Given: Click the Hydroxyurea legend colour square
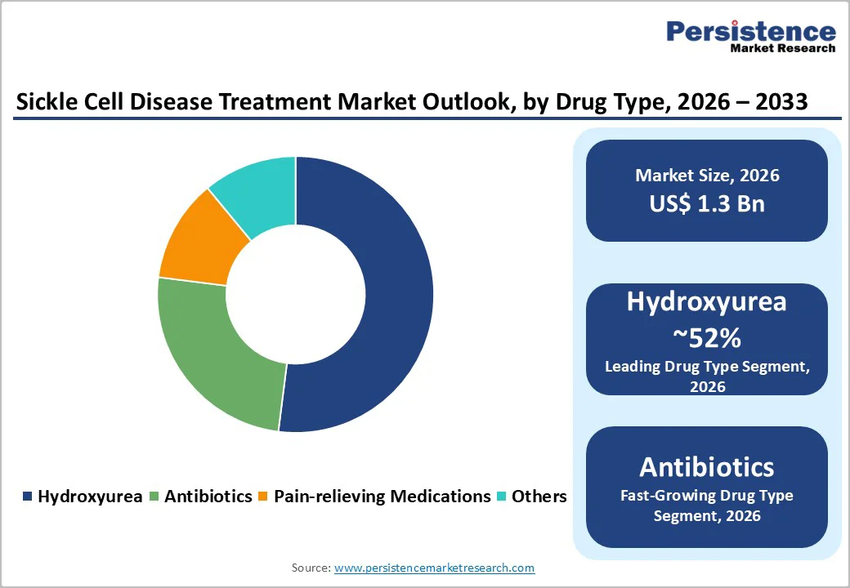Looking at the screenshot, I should point(28,497).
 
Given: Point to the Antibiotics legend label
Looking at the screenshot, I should point(208,496).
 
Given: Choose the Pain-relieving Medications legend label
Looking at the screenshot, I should point(382,496).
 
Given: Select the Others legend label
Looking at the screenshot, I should point(539,496).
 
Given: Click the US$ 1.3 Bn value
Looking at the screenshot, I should point(707,203).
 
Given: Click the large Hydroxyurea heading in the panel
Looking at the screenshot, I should point(707,301).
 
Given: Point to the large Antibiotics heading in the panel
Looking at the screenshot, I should point(707,466).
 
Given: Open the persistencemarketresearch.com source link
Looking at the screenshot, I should point(434,568).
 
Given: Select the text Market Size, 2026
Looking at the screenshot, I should point(707,175).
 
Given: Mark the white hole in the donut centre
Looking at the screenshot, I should point(295,294).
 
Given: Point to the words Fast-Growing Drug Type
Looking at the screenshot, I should point(707,495).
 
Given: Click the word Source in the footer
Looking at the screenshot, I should point(311,568).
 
